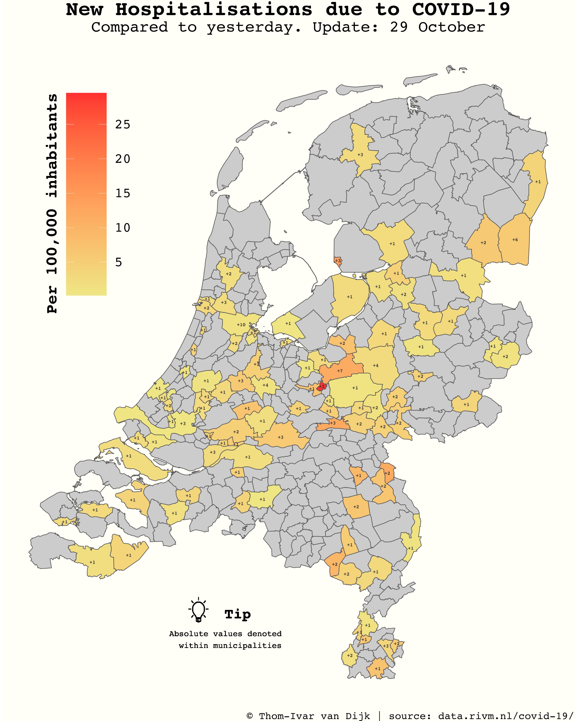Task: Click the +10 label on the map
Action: tap(241, 325)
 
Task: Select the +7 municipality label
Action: tap(340, 371)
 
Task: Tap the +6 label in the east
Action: tap(515, 240)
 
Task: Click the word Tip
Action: tap(238, 614)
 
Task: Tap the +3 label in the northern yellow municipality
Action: tap(360, 155)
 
